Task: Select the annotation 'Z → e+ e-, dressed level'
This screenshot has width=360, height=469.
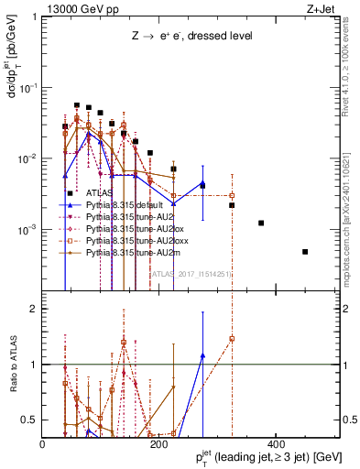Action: [x=191, y=36]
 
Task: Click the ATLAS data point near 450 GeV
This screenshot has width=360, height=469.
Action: [x=305, y=251]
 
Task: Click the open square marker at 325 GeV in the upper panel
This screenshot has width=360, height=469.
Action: [x=232, y=195]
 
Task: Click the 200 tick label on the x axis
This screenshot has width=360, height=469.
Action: [x=158, y=443]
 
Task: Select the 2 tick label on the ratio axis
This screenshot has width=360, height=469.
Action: [x=33, y=309]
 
